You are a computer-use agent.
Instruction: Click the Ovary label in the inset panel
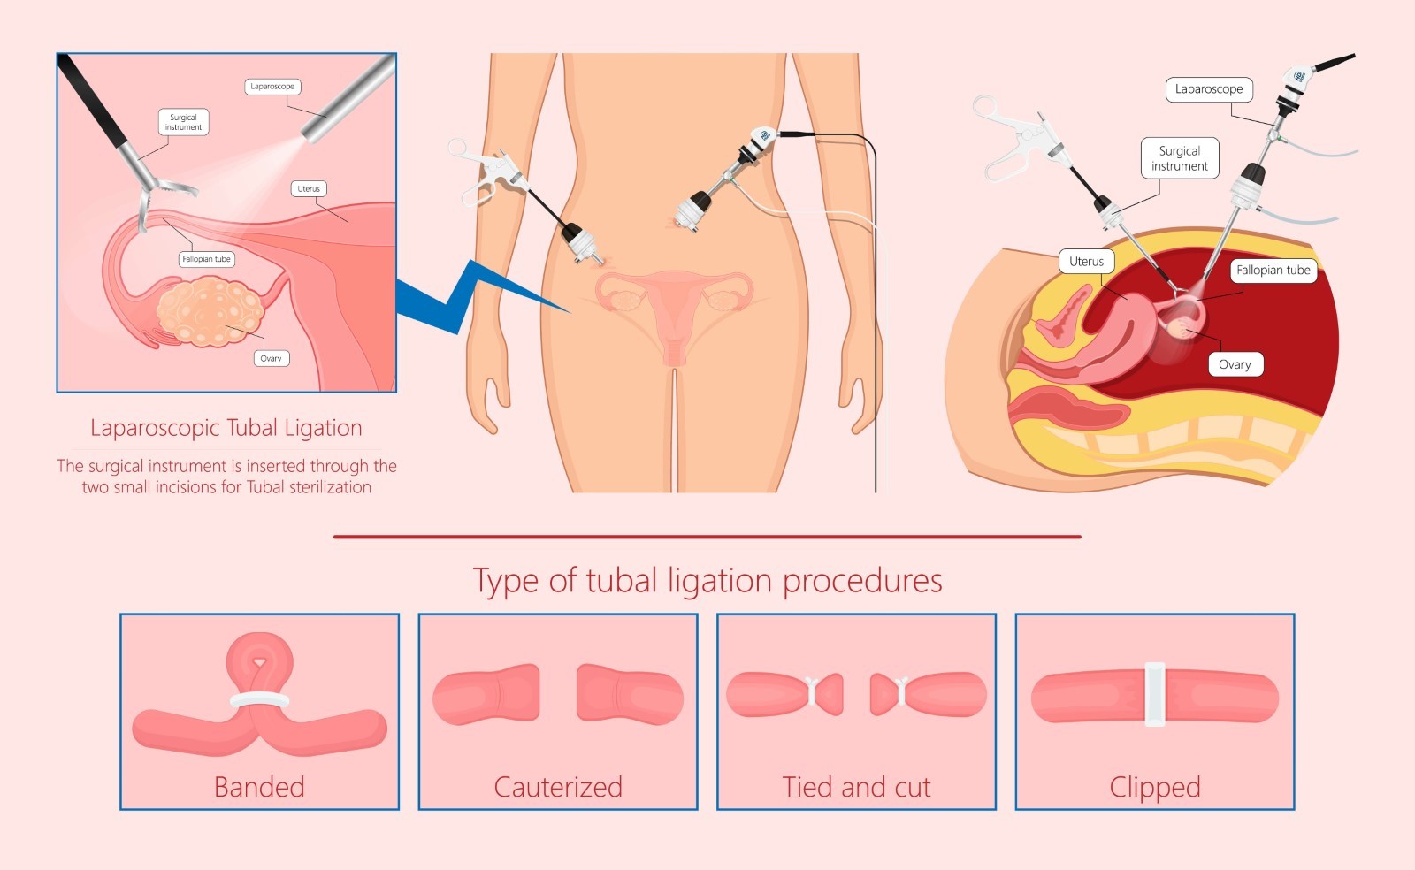271,358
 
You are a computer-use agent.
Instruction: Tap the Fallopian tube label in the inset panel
206,259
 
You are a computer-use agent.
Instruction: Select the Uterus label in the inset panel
309,188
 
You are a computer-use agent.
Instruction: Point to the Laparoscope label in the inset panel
272,87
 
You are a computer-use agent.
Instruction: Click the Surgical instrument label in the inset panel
183,122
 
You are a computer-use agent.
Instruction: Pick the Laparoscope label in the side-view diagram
1208,89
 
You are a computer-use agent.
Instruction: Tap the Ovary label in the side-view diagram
1235,364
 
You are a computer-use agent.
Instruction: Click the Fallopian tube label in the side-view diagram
1273,271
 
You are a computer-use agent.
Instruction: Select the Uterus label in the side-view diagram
1086,262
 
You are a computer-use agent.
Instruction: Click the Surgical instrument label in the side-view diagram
1179,158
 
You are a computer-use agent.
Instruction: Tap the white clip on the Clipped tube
1154,694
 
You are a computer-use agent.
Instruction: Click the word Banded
259,787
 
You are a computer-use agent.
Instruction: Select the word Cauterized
558,787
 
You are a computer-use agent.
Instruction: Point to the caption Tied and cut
856,787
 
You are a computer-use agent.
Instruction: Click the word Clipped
1155,787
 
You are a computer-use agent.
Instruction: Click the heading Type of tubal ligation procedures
707,581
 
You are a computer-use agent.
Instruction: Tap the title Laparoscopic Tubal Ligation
226,428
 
